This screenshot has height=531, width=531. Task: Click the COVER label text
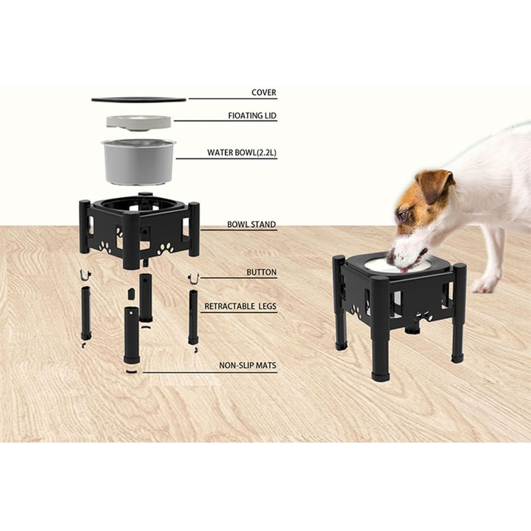pos(264,93)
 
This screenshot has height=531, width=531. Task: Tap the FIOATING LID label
pos(253,116)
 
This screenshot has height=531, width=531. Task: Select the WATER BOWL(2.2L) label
pos(242,152)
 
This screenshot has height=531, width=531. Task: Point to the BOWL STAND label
pos(251,225)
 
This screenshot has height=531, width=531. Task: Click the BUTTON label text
pos(262,272)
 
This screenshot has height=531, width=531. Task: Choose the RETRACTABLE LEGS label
pos(240,306)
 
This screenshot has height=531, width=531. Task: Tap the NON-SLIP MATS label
pos(247,366)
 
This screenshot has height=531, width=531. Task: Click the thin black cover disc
pos(139,99)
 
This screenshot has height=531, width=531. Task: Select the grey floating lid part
pos(139,122)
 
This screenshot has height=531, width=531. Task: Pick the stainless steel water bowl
pos(139,162)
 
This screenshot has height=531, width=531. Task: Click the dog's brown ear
pos(435,184)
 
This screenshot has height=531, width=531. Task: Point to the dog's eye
pos(403,215)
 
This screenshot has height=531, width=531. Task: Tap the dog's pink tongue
pos(404,270)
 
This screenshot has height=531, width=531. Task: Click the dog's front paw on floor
pos(484,285)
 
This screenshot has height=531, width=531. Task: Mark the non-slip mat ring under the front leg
pos(131,372)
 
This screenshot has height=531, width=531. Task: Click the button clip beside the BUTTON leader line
pos(193,278)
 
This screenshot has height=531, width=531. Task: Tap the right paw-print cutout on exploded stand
pos(165,249)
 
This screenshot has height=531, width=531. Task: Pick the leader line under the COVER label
pos(233,99)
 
